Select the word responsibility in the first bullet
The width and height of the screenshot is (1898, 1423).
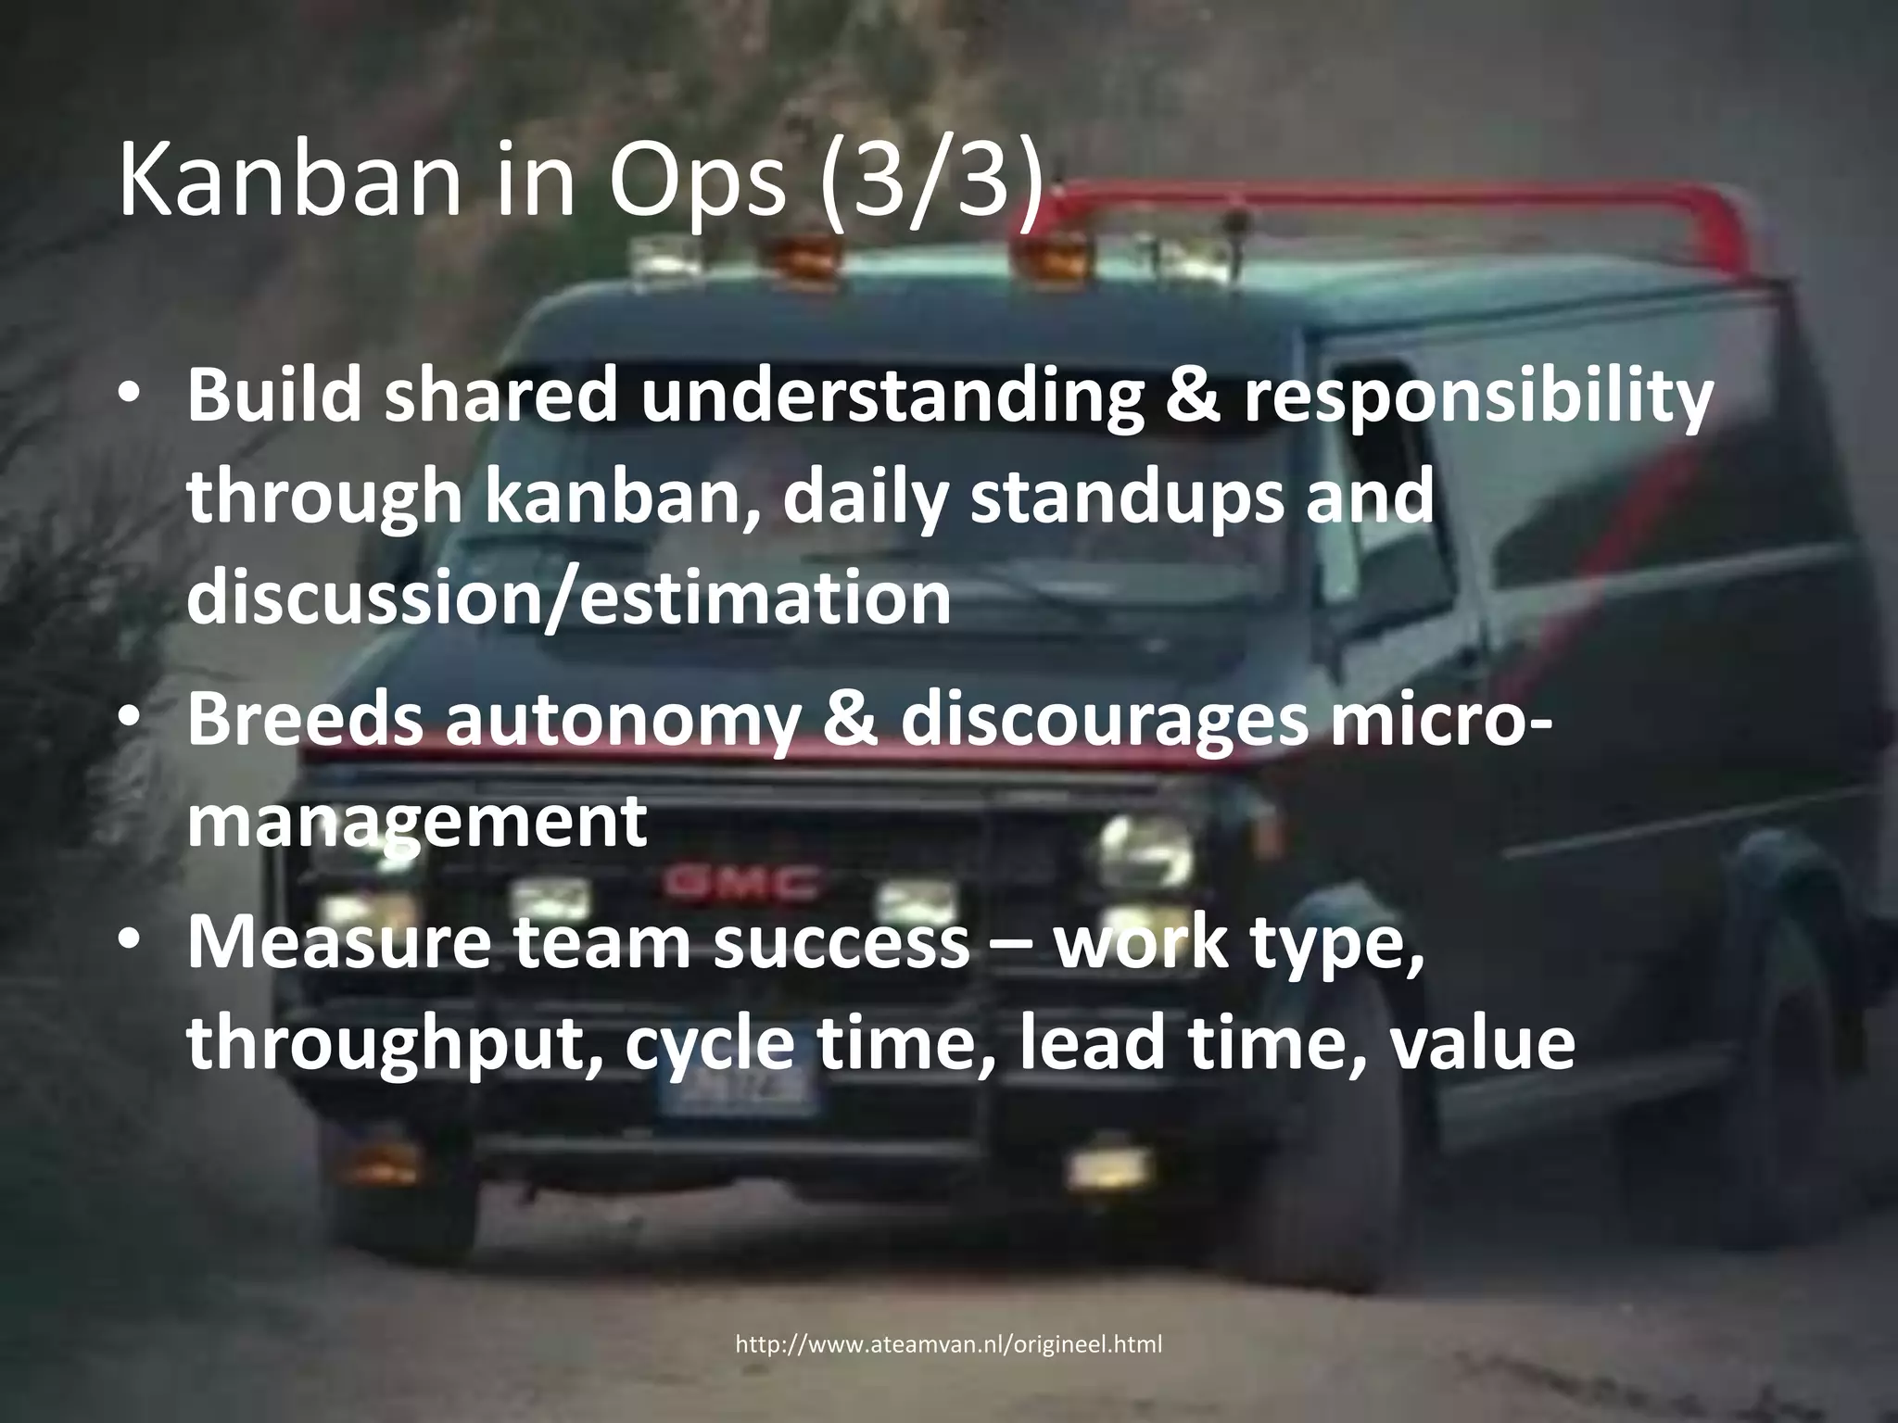point(1477,397)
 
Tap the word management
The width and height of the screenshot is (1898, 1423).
point(416,821)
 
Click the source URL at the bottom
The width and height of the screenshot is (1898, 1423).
point(948,1344)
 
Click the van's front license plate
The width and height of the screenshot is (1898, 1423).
point(741,1099)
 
